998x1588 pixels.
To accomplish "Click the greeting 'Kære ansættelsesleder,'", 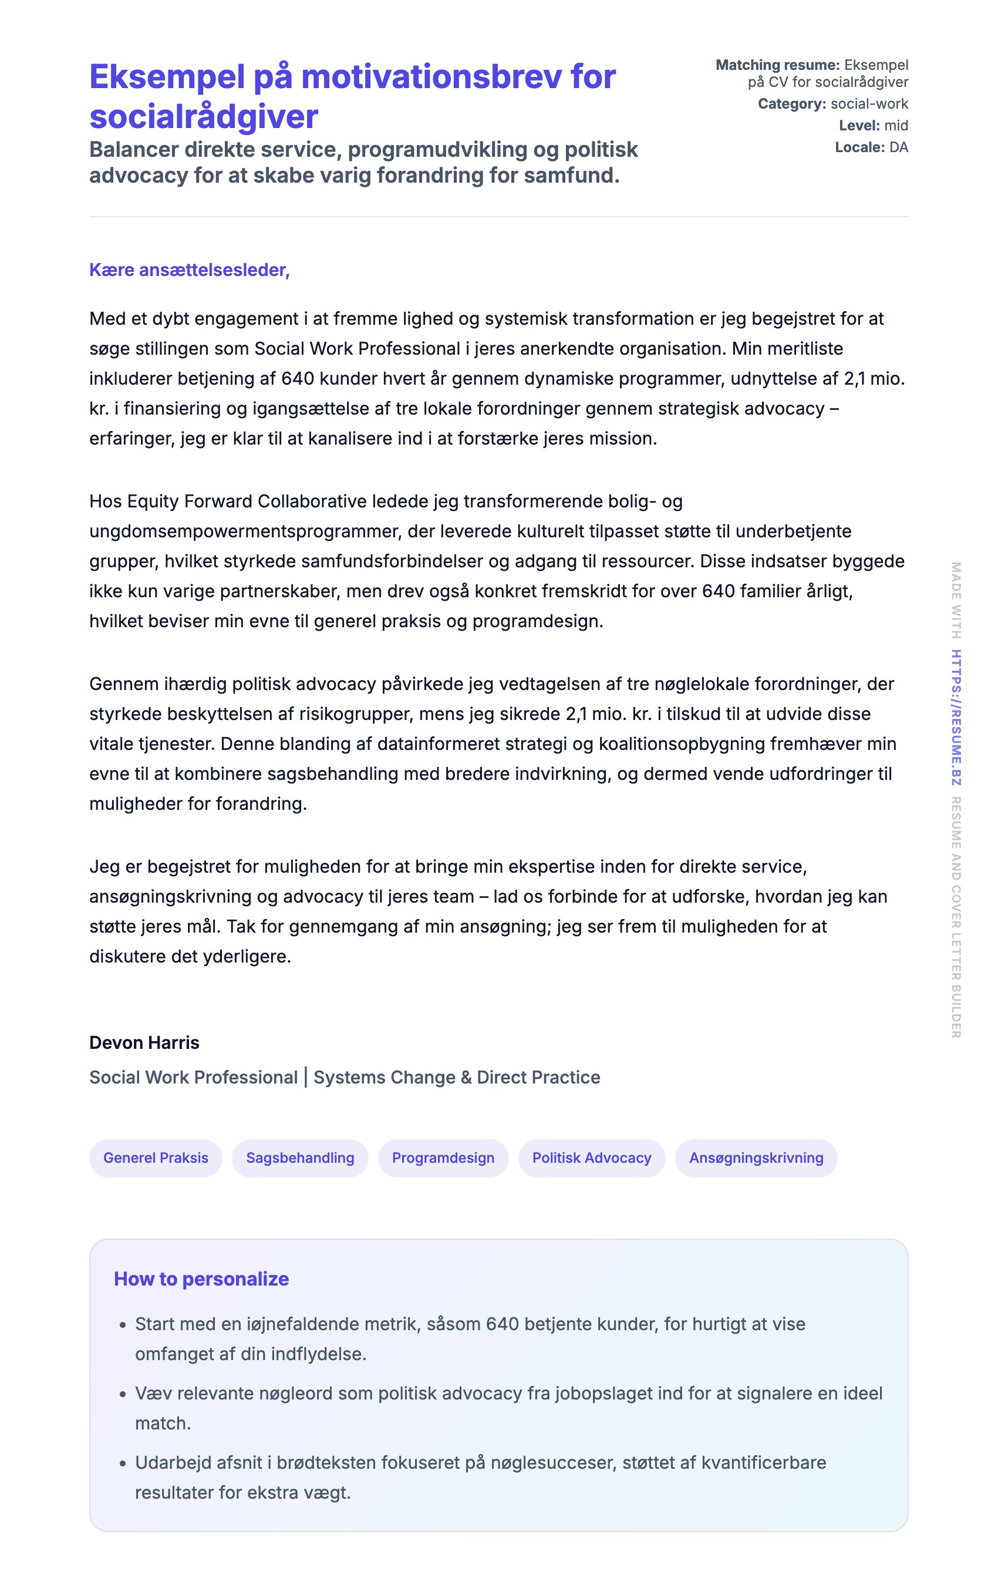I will [189, 270].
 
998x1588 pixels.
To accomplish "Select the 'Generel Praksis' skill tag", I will [156, 1158].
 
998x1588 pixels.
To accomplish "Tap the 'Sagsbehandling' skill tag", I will [300, 1158].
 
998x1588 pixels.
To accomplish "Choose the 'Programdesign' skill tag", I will [443, 1158].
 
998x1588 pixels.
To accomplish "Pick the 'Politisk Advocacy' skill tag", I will [591, 1158].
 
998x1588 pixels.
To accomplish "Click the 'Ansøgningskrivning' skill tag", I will [756, 1158].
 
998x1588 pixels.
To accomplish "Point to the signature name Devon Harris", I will [144, 1042].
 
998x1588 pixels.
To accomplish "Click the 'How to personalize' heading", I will [201, 1279].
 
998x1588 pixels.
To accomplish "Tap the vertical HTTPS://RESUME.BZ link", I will [956, 718].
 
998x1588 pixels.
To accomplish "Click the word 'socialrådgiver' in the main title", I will [204, 117].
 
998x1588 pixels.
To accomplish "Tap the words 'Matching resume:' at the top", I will [777, 65].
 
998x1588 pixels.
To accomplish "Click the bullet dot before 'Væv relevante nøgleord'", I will [123, 1395].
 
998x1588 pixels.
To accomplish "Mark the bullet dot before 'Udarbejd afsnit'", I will [123, 1464].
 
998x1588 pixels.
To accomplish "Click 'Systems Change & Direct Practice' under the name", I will [457, 1078].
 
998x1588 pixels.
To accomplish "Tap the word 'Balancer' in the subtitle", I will [134, 150].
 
